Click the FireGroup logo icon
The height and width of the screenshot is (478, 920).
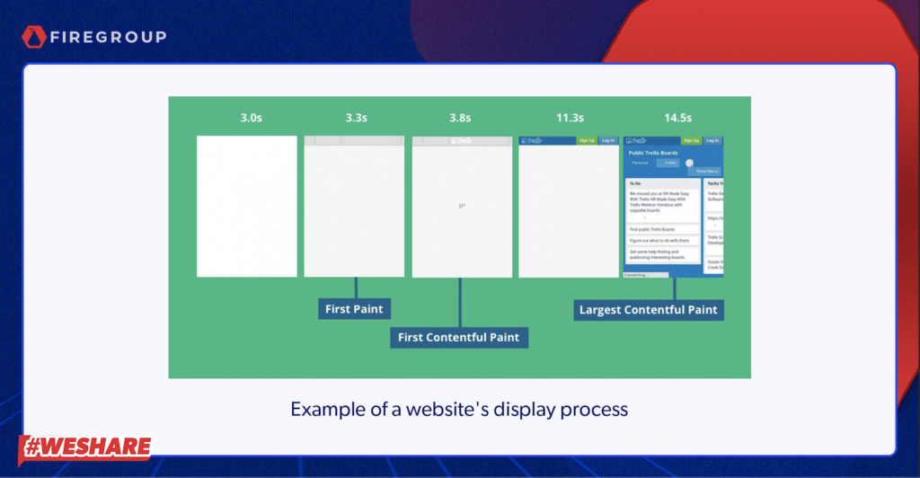pos(34,37)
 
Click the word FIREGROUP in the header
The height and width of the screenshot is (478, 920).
pos(108,38)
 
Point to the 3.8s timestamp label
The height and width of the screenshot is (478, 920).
pos(462,118)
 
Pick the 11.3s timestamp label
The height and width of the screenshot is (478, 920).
pos(569,118)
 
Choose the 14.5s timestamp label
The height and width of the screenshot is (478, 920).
pos(677,118)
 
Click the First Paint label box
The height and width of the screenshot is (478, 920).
pos(354,309)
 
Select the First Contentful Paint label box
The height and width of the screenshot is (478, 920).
pos(460,337)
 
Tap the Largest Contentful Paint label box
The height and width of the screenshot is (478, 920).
pos(649,309)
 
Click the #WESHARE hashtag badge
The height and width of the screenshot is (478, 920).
pos(85,447)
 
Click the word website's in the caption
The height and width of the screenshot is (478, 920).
pos(466,410)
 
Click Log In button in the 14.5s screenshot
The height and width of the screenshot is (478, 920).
pos(712,140)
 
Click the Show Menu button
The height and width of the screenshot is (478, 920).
pos(706,171)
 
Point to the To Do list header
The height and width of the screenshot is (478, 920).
pos(636,183)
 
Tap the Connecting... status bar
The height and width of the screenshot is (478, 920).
pos(645,275)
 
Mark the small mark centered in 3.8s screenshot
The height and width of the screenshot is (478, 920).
pos(462,206)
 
